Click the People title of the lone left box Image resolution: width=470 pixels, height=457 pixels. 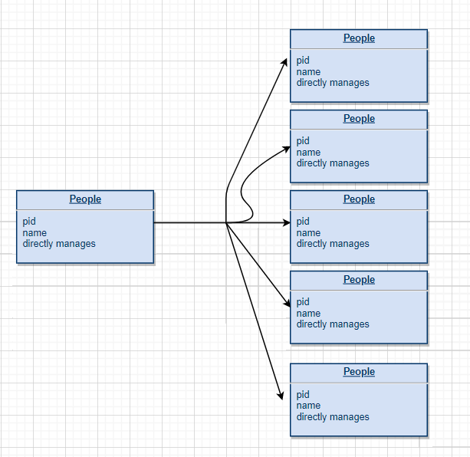point(85,199)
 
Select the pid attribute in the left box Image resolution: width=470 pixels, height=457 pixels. point(29,222)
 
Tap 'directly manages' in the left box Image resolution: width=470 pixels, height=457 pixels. point(59,244)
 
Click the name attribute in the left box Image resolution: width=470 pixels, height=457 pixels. point(35,233)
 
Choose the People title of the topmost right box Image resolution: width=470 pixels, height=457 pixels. point(359,38)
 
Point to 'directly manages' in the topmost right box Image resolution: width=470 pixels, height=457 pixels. point(333,83)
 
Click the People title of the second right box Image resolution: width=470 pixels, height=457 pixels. point(359,119)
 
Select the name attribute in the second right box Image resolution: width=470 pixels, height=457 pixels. point(308,153)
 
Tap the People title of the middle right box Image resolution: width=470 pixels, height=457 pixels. point(359,199)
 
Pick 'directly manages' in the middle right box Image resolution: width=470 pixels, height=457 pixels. point(333,244)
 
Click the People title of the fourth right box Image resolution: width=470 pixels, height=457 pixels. point(359,280)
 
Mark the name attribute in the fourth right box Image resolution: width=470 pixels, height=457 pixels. point(308,314)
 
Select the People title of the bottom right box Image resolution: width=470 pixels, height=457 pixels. point(359,372)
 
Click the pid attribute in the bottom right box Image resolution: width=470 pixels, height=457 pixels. point(303,395)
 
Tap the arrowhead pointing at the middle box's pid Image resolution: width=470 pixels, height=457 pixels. point(286,223)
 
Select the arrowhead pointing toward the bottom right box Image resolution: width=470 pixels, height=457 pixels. point(280,394)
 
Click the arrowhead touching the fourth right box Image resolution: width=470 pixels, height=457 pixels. point(286,304)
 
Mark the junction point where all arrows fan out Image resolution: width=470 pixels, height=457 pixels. point(227,223)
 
